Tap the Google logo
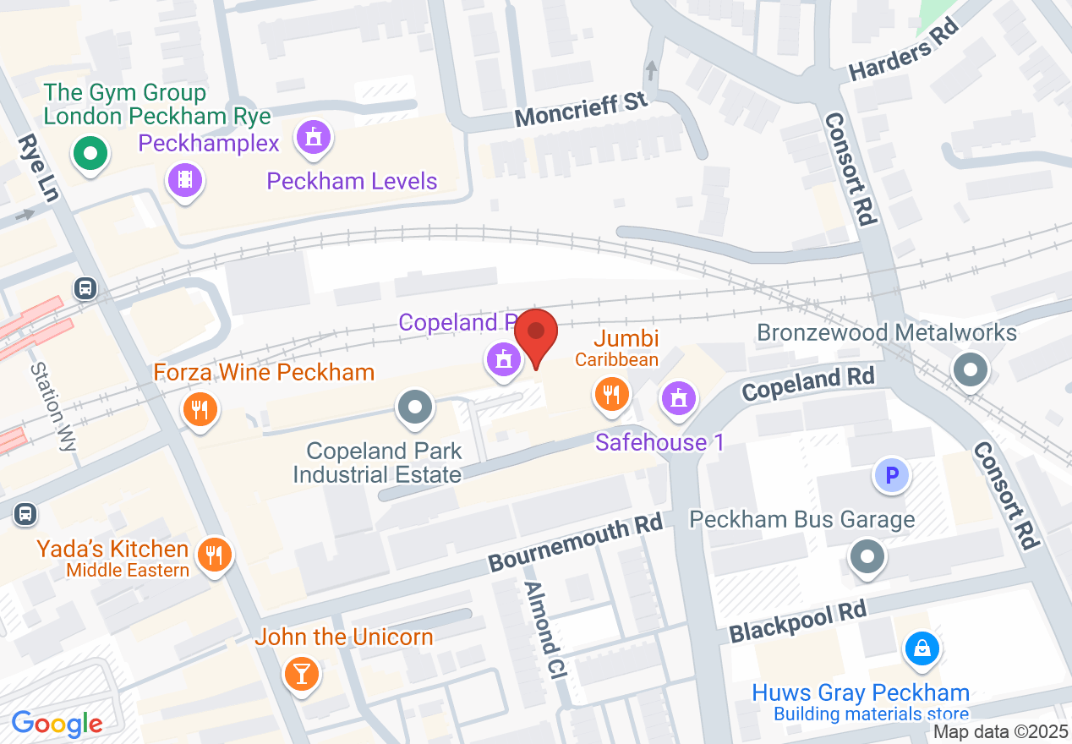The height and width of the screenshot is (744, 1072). [x=57, y=725]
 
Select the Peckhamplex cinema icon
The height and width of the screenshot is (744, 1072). [x=185, y=180]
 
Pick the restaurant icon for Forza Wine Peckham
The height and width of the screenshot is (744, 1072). [x=200, y=410]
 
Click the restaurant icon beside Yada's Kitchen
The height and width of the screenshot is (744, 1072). [x=215, y=555]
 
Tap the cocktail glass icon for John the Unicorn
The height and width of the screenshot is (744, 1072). [x=301, y=674]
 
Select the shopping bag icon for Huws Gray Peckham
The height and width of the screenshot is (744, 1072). [x=922, y=649]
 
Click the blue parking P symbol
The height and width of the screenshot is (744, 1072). [x=891, y=477]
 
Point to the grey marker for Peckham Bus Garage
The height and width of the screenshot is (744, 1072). [x=867, y=557]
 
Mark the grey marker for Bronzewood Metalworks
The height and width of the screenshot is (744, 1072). [x=970, y=369]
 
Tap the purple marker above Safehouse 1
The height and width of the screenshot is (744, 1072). [x=677, y=397]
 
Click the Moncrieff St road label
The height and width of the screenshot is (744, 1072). [x=581, y=110]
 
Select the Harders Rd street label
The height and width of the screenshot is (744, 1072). [x=904, y=52]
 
